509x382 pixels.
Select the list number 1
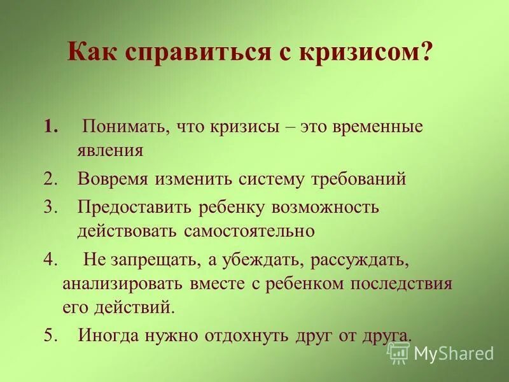[51, 127]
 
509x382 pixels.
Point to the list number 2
[51, 179]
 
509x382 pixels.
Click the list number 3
[51, 206]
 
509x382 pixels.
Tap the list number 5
[51, 336]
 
